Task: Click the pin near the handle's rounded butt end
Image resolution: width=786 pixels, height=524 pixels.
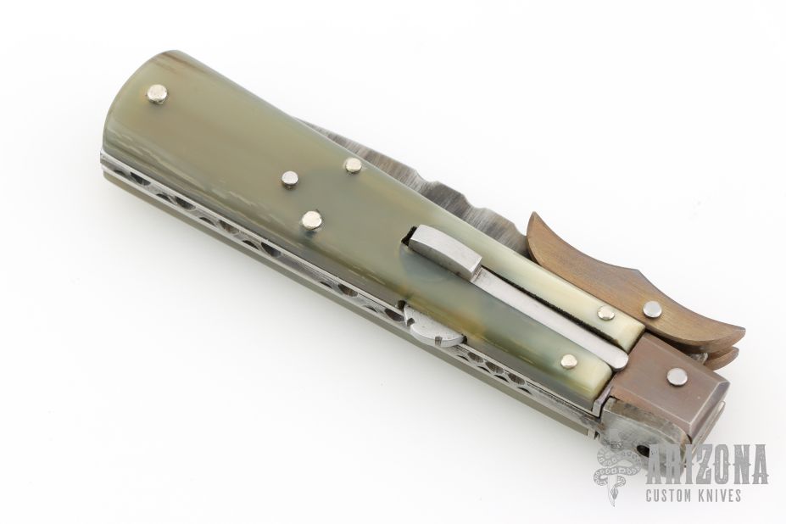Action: [159, 94]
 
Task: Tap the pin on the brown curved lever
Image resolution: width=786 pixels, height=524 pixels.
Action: [652, 309]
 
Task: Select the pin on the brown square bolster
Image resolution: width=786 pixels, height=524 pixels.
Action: [677, 376]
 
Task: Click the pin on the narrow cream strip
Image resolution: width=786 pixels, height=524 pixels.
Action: [606, 314]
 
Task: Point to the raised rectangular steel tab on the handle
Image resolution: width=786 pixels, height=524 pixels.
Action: [443, 254]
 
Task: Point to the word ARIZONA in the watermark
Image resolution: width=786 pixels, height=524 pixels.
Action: [708, 464]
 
